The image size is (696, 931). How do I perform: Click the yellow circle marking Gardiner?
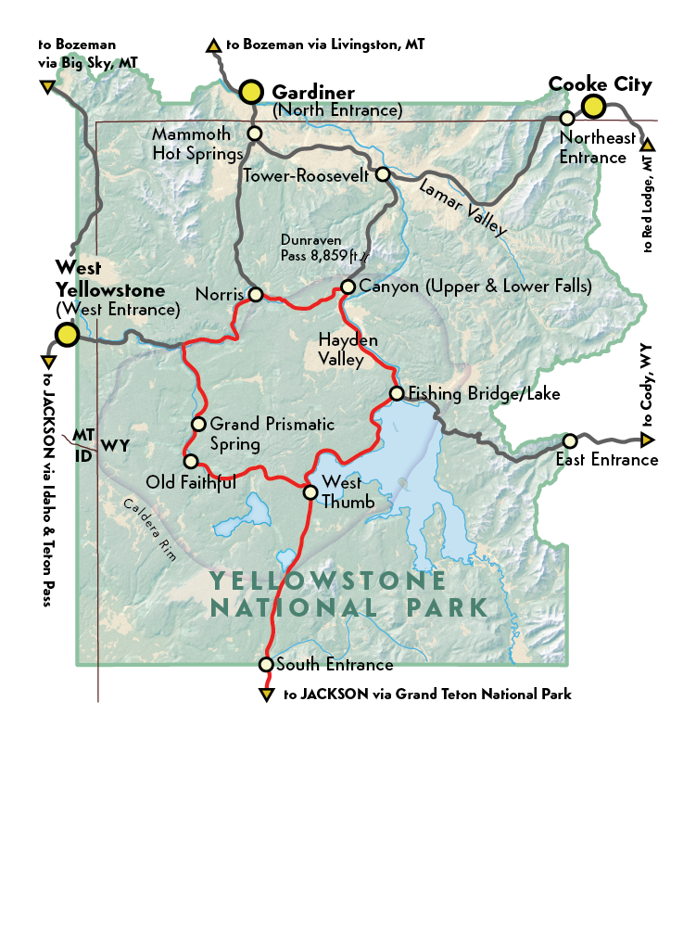pos(250,91)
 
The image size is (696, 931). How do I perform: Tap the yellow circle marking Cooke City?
pos(593,107)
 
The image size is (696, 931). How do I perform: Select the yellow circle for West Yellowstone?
pos(66,334)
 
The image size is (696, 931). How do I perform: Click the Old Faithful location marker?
pos(190,461)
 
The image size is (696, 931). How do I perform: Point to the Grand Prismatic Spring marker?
pos(197,424)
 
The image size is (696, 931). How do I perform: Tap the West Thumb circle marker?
pos(310,491)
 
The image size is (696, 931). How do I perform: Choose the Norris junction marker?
pos(254,295)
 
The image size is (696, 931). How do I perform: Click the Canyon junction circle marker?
pos(348,287)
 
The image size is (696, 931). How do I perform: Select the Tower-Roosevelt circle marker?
pos(382,174)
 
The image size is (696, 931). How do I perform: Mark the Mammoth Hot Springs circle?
pos(255,134)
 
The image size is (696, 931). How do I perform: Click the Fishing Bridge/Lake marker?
pos(397,394)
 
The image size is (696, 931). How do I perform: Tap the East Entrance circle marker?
pos(570,440)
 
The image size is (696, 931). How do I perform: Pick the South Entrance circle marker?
pos(266,664)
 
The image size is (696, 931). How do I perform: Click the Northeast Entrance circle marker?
pos(567,119)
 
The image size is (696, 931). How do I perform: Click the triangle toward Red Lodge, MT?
pos(647,145)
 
